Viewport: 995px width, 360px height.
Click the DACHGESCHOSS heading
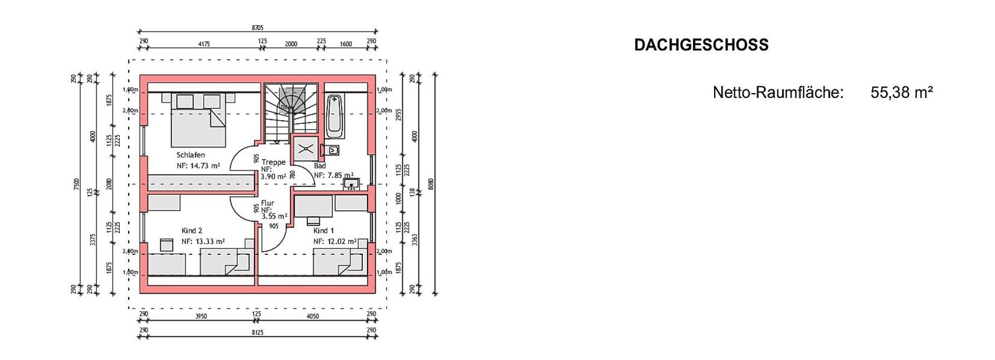[701, 45]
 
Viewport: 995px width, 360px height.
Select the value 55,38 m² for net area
[902, 93]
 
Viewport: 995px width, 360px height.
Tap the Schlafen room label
[191, 155]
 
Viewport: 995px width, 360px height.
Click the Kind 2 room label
[192, 231]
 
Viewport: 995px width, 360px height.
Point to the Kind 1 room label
[324, 231]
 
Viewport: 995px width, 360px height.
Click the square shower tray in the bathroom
[304, 148]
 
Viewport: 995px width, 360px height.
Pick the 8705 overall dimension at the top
[258, 28]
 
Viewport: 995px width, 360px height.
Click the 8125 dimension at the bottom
[258, 333]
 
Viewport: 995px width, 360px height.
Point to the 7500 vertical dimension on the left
[77, 183]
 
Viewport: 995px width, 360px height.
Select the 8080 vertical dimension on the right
[431, 183]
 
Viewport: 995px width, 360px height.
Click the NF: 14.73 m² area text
[198, 166]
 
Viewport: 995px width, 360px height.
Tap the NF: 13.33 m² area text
[203, 241]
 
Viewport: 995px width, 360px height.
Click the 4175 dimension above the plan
[204, 44]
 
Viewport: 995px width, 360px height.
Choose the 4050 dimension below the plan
[312, 316]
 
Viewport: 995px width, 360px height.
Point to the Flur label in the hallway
[268, 203]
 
